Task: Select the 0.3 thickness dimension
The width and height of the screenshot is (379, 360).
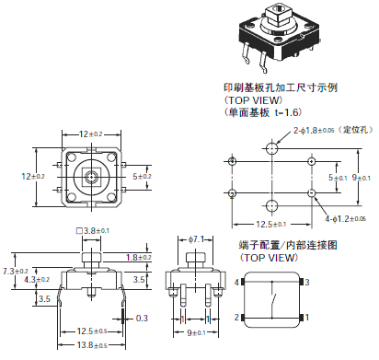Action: [x=141, y=318]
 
